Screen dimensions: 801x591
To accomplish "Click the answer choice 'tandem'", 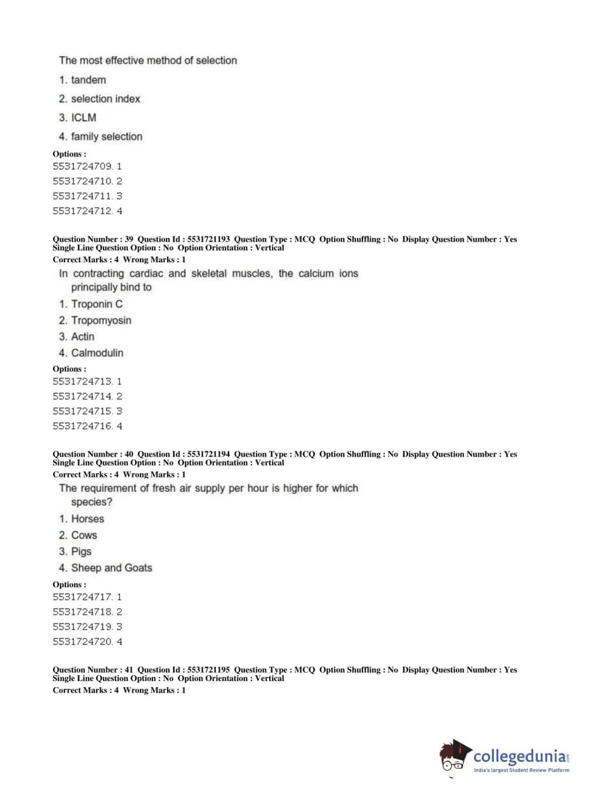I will tap(88, 80).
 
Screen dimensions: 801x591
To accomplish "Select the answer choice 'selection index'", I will tap(105, 99).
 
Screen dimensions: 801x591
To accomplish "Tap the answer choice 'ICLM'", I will tap(83, 118).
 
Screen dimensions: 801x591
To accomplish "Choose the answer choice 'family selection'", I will tap(106, 136).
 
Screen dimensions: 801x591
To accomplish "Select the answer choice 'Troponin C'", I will tap(97, 304).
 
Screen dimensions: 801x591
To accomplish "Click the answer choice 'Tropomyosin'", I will tap(101, 320).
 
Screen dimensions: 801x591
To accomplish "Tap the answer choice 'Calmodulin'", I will tap(97, 353).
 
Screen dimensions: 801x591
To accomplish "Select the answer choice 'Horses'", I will tap(87, 519).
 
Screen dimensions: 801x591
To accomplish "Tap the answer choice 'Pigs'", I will tap(81, 551).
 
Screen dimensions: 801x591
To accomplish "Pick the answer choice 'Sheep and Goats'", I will tap(112, 568).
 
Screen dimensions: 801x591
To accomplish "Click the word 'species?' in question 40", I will tap(92, 502).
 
